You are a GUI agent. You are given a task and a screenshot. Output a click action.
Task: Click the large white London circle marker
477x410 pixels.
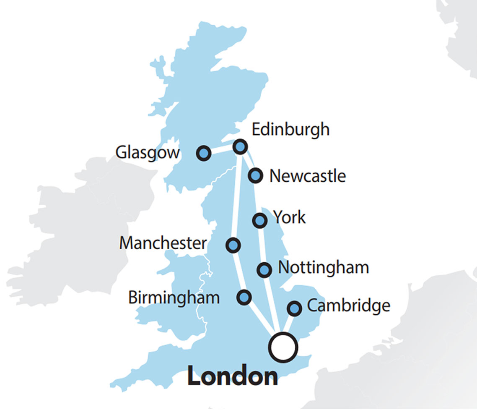point(283,347)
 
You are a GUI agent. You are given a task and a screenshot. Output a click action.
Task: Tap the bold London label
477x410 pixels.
point(232,376)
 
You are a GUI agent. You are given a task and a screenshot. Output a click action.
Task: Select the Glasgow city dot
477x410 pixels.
point(204,153)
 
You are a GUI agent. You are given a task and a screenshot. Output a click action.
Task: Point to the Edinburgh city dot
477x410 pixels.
point(240,146)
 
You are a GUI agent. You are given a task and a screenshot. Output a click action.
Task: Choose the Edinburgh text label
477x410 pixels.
point(290,130)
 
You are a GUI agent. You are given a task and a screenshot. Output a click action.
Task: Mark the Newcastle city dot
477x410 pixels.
point(256,175)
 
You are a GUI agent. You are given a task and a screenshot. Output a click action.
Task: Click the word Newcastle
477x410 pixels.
point(307,176)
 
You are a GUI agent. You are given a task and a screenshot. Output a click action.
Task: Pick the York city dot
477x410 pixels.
point(260,220)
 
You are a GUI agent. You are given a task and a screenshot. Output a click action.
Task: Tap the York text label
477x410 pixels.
point(289,217)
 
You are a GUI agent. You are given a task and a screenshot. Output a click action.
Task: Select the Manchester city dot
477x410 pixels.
point(233,245)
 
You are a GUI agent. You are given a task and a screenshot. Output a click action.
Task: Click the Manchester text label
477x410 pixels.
point(163,243)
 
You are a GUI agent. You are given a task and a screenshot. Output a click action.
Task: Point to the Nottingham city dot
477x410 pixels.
point(264,269)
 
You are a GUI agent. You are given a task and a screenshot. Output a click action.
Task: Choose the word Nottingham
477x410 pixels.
point(323,268)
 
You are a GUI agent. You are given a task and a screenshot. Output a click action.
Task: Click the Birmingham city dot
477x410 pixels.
point(244,297)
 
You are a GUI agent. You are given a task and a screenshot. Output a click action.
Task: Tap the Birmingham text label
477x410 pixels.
point(174,298)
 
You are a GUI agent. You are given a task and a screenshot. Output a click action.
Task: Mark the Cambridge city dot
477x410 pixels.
point(295,308)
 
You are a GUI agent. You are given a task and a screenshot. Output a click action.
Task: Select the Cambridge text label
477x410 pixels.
point(348,306)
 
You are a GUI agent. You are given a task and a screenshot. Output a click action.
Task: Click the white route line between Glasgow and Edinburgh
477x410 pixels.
point(222,150)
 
